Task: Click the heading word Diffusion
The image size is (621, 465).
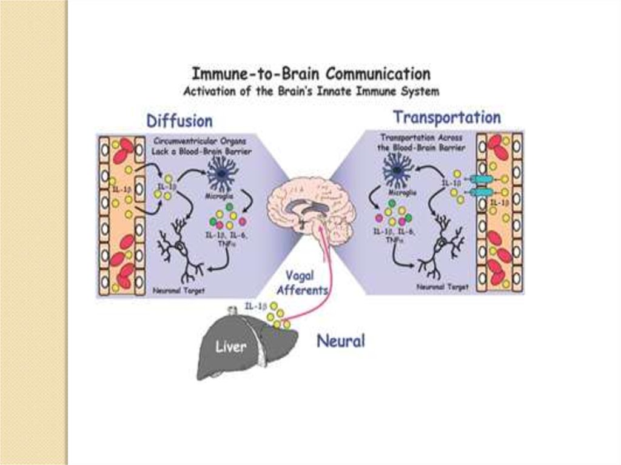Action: [180, 120]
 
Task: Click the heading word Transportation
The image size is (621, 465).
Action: [447, 116]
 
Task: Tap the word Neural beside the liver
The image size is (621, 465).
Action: [341, 341]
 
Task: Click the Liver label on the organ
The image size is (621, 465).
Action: [232, 347]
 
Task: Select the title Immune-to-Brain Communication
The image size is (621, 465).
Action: [311, 75]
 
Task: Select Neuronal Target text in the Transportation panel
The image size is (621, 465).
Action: [442, 287]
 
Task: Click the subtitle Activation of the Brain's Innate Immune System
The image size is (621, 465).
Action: [311, 92]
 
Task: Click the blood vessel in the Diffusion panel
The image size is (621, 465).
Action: [122, 215]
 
